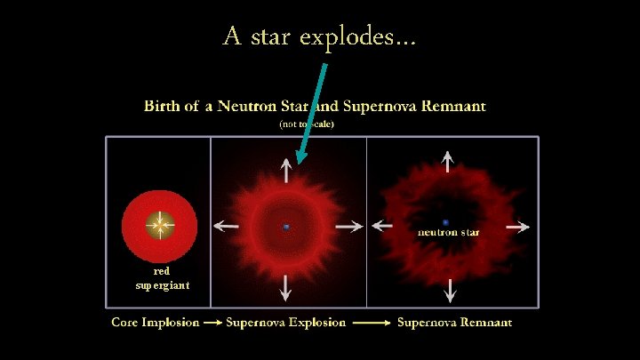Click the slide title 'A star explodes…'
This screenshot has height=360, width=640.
(320, 37)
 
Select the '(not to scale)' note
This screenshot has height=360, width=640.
(307, 124)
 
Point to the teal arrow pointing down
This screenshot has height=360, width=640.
(314, 111)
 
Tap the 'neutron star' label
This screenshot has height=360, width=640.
(449, 233)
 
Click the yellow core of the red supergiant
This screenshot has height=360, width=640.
(159, 226)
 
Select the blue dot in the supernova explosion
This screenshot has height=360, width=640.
(286, 228)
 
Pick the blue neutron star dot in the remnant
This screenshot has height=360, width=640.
(445, 222)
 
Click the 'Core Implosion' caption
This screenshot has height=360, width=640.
(155, 322)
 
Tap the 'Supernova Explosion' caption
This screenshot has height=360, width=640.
(286, 322)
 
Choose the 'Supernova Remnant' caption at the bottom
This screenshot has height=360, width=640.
(454, 322)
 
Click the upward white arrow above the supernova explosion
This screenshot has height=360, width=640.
(285, 172)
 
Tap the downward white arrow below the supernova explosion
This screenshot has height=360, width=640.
(285, 285)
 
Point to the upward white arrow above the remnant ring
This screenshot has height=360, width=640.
(448, 161)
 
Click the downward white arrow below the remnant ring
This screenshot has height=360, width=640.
(450, 290)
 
